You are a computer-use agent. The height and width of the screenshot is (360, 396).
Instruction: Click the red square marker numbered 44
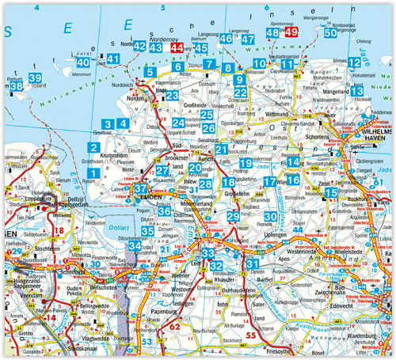pyautogui.click(x=177, y=48)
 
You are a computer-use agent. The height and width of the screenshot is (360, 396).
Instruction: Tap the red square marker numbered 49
pyautogui.click(x=291, y=32)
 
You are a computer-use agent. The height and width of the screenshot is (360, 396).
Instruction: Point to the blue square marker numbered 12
pyautogui.click(x=355, y=63)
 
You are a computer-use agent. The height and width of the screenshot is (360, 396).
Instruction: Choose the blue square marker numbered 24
pyautogui.click(x=179, y=123)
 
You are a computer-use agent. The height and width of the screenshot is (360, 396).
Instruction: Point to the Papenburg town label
pyautogui.click(x=185, y=311)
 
